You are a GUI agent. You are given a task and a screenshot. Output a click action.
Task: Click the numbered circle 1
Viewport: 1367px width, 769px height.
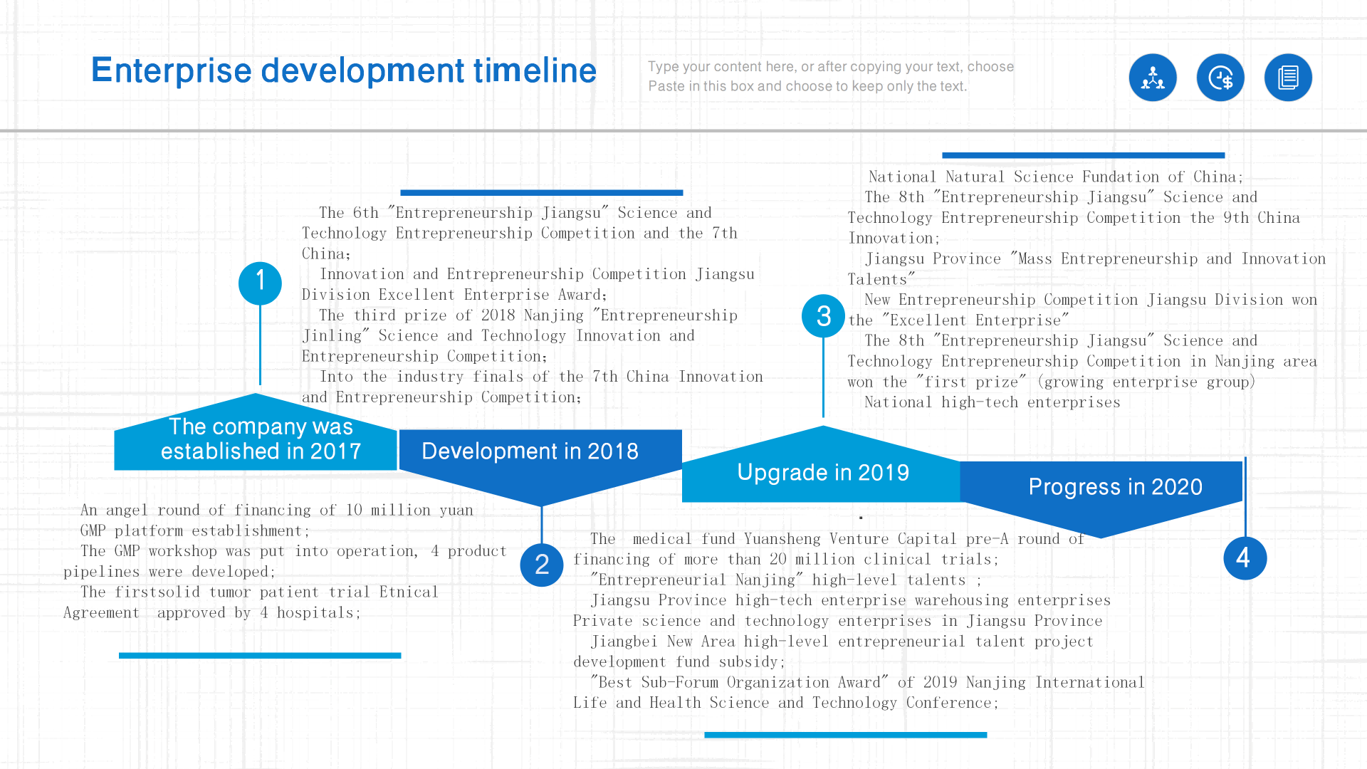[260, 283]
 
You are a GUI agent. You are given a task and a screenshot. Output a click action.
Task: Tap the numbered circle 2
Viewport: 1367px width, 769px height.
[542, 565]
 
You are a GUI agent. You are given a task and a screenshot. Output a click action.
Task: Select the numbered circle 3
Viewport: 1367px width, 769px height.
[823, 316]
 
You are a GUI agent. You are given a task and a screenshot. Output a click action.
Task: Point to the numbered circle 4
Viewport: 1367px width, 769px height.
[1245, 558]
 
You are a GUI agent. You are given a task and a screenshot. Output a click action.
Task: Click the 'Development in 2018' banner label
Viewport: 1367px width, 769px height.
[530, 451]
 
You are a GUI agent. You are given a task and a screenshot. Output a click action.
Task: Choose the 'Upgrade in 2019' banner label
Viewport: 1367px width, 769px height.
[823, 473]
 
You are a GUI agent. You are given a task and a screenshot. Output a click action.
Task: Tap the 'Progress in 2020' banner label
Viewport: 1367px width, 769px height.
[1115, 487]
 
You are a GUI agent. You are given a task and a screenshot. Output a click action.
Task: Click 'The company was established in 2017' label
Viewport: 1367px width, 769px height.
[261, 439]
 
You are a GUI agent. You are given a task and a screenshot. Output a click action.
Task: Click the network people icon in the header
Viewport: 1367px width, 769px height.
[1153, 78]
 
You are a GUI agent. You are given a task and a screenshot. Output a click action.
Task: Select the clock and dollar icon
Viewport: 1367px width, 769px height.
[1220, 78]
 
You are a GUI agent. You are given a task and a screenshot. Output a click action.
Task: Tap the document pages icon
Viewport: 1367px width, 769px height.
[1288, 78]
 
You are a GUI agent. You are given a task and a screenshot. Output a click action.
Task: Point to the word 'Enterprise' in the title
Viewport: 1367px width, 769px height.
[172, 71]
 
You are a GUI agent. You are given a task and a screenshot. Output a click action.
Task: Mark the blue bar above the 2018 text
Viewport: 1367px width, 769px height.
[542, 192]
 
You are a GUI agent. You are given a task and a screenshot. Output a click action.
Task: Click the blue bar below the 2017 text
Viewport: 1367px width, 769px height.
[260, 655]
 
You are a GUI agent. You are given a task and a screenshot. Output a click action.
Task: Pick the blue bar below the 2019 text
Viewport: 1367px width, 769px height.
[846, 735]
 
